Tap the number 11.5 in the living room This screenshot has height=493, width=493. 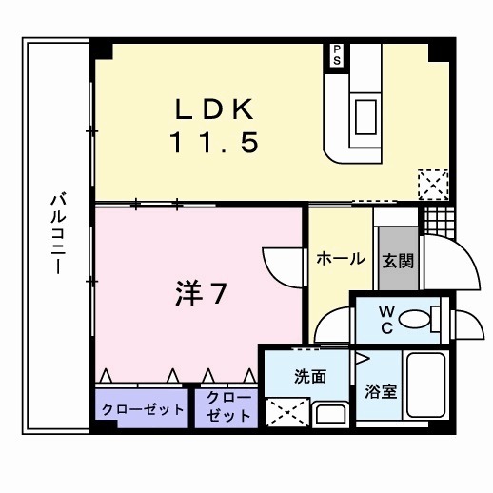pyautogui.click(x=214, y=144)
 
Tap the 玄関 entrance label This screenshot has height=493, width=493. pyautogui.click(x=397, y=260)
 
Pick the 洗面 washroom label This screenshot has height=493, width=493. pyautogui.click(x=310, y=376)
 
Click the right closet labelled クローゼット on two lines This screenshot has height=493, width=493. pyautogui.click(x=227, y=408)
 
